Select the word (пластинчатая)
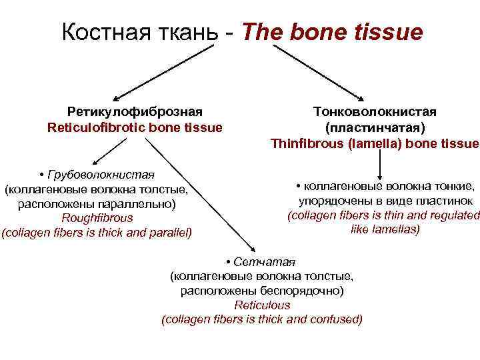[375, 127]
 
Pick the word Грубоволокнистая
[101, 175]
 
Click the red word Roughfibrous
[97, 218]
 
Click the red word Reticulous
[262, 305]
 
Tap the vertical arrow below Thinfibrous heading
[380, 163]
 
